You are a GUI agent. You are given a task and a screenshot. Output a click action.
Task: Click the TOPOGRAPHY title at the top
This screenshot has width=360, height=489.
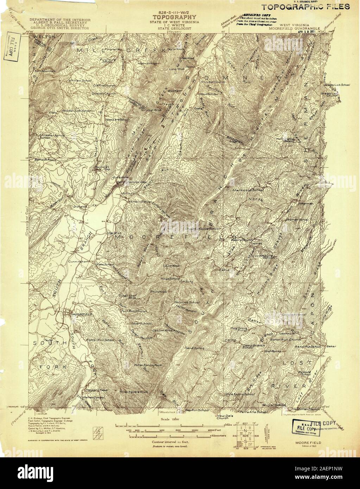point(173,17)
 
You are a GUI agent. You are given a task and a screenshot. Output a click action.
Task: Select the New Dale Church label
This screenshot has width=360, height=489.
point(222,417)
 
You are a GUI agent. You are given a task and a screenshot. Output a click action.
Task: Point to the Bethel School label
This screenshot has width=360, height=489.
point(45,159)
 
